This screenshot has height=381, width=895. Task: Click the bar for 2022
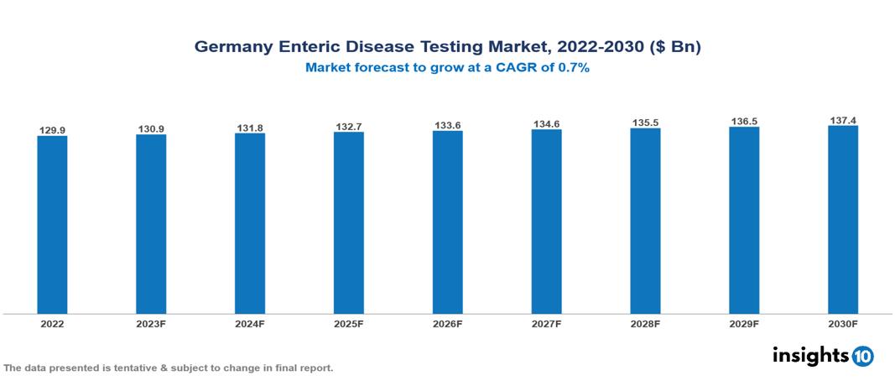(52, 224)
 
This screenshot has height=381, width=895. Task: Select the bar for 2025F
(348, 222)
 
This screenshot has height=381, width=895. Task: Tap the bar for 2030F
(843, 220)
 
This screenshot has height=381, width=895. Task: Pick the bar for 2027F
(546, 222)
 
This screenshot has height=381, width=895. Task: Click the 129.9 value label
(52, 130)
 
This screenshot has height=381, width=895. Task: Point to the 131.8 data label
(250, 128)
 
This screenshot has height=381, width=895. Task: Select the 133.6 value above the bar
(447, 126)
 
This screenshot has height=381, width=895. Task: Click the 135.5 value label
(645, 123)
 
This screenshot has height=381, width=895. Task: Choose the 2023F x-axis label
(151, 323)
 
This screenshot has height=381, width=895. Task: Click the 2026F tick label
(447, 323)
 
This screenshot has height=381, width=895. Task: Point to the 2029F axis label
(744, 323)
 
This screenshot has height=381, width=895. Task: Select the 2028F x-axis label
(645, 323)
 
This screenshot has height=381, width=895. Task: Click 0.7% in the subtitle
(571, 68)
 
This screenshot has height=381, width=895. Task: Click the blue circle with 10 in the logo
(862, 356)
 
